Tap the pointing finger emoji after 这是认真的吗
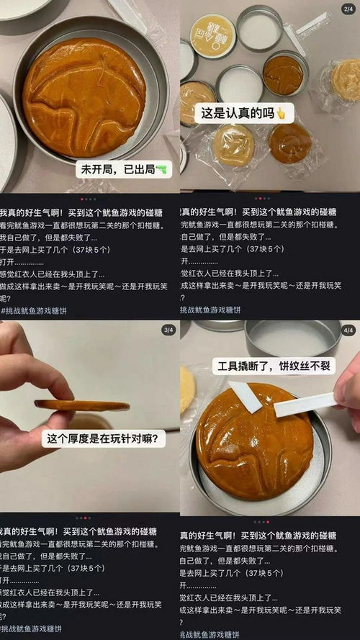click(x=281, y=112)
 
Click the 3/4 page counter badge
click(x=168, y=330)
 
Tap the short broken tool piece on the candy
click(x=246, y=397)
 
